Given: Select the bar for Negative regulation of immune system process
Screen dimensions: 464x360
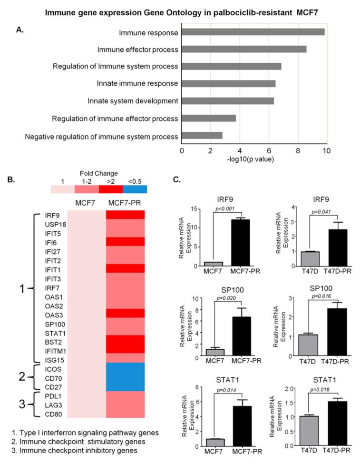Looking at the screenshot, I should [202, 136].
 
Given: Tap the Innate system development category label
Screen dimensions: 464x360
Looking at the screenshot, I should [133, 101].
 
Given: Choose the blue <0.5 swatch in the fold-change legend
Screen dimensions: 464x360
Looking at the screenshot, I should [135, 189].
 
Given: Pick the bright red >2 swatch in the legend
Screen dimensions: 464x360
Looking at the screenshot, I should [110, 189].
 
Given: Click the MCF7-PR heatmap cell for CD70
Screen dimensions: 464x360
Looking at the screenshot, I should [125, 377].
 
